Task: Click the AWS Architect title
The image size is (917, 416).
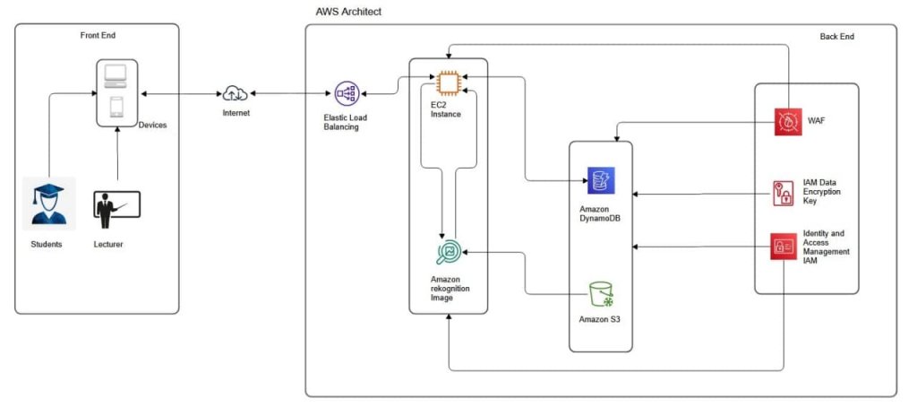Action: [x=348, y=10]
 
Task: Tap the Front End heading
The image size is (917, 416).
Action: [x=98, y=35]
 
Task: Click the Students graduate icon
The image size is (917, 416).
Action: [x=49, y=204]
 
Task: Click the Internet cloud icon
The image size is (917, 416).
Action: [x=236, y=92]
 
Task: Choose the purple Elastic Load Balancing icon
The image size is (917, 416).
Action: [x=346, y=93]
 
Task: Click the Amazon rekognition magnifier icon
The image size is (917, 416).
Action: [x=448, y=254]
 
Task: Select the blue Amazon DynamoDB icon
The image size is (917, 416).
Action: [x=600, y=180]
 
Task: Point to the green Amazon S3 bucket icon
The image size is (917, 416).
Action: [x=602, y=294]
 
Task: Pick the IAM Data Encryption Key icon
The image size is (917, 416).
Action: [x=784, y=193]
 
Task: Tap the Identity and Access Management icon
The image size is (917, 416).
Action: [x=784, y=247]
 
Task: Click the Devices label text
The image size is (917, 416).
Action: [x=152, y=126]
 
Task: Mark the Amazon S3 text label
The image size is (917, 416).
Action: [x=602, y=319]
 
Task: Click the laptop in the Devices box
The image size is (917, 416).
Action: [x=117, y=74]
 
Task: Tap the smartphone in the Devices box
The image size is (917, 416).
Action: [x=117, y=108]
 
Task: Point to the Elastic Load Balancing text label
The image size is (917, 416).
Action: [x=346, y=122]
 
